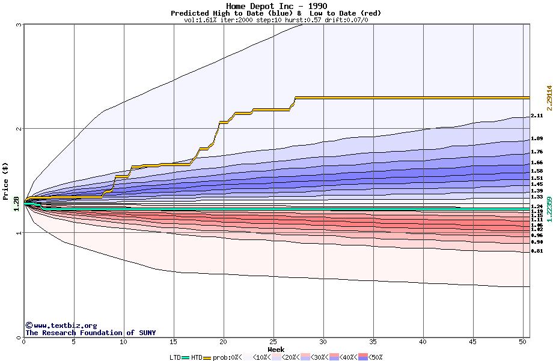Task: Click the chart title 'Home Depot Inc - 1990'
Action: pos(276,6)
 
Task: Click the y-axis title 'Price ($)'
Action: pos(6,181)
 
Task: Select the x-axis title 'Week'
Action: pos(276,350)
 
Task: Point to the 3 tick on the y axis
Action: pos(19,25)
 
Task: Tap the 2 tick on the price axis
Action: pos(19,129)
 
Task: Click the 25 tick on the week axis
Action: pos(273,342)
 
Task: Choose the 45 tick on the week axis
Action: pos(473,342)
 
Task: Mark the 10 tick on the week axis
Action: pos(124,342)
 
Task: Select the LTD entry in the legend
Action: pos(176,357)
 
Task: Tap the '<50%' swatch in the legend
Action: pos(364,357)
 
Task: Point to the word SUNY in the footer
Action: pos(146,333)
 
